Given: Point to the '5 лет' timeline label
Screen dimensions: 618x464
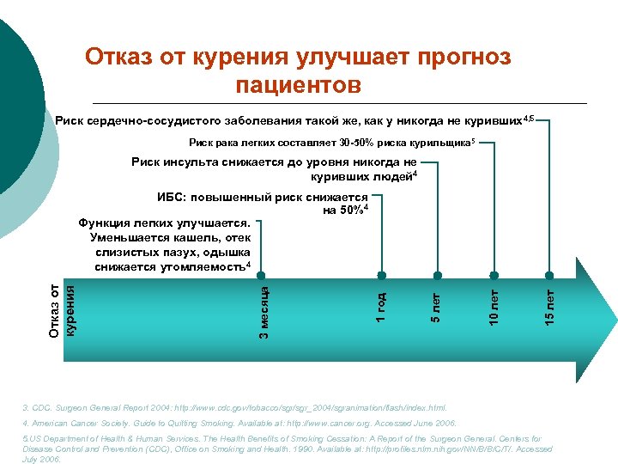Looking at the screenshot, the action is pos(436,308).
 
